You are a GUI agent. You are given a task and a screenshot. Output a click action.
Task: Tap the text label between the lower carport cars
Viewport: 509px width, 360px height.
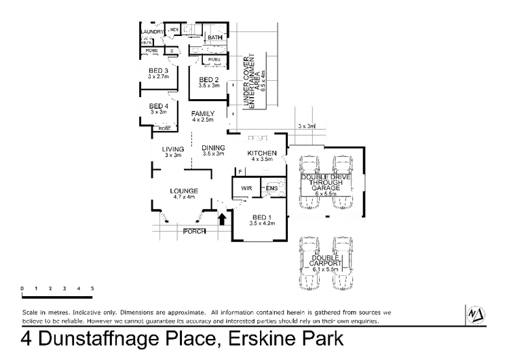coord(326,262)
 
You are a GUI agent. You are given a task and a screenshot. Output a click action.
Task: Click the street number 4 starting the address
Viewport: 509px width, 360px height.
coord(23,337)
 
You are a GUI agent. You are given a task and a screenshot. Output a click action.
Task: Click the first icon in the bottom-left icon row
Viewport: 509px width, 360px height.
coord(23,289)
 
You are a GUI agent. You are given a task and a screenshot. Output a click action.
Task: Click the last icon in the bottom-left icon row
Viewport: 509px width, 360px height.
coord(93,289)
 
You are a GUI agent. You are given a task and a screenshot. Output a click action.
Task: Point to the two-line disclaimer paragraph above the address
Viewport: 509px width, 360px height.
coord(204,316)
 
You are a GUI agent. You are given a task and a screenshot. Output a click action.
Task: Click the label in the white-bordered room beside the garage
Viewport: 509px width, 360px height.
coord(258,155)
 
